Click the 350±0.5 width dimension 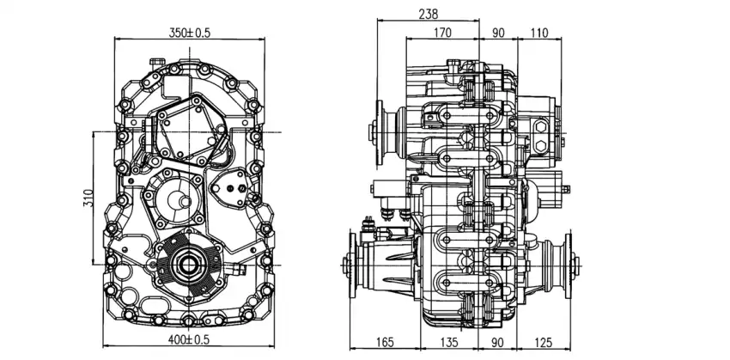coord(190,33)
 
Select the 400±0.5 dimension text coord(190,340)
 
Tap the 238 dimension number coord(427,14)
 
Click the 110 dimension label coord(539,34)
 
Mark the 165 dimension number coord(384,342)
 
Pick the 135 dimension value coord(447,342)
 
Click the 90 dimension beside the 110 coord(497,34)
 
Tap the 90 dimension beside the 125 coord(497,342)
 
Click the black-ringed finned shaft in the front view coord(185,264)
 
